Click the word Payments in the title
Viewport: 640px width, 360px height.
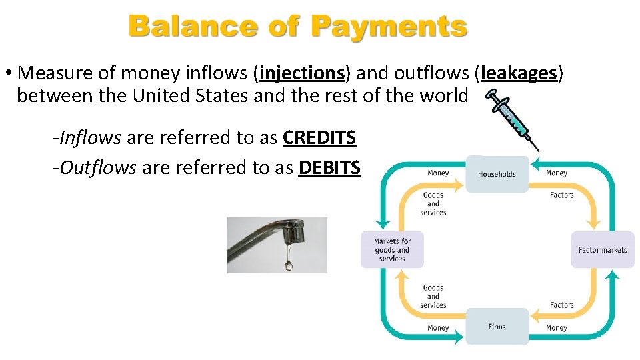(389, 27)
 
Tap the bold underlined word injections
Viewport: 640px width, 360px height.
(302, 72)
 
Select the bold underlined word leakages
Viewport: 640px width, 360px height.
(518, 72)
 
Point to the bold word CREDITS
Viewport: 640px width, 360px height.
(319, 138)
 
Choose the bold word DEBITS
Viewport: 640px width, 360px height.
(329, 167)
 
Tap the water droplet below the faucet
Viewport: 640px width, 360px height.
(288, 265)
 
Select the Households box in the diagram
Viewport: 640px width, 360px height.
(497, 174)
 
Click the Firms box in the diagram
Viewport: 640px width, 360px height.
(497, 327)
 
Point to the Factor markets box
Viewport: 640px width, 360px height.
(603, 250)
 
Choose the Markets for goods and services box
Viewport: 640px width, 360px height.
(392, 250)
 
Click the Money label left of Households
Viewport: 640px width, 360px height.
(438, 173)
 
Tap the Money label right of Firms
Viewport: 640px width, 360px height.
(556, 327)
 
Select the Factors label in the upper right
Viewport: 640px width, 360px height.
(562, 195)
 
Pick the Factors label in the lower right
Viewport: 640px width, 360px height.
(562, 305)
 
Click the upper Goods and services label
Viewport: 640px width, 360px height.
(433, 203)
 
